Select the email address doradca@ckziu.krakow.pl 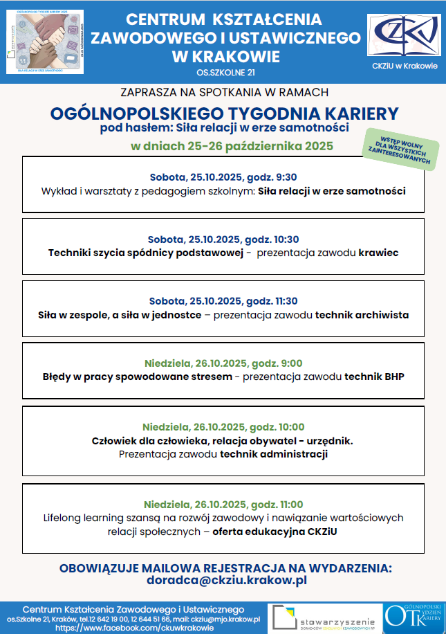pos(225,581)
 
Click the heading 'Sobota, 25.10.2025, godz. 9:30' pos(223,176)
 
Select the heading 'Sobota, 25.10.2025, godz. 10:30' pos(223,239)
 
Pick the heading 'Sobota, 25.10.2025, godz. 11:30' pos(223,300)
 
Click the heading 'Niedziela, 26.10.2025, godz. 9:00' pos(223,363)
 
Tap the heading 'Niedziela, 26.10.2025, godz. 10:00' pos(223,426)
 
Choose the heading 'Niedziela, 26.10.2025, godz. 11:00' pos(223,504)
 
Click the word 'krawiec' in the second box pos(378,253)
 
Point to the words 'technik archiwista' pos(362,314)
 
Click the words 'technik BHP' pos(374,377)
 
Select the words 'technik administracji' pos(273,454)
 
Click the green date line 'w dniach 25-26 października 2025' pos(232,146)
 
